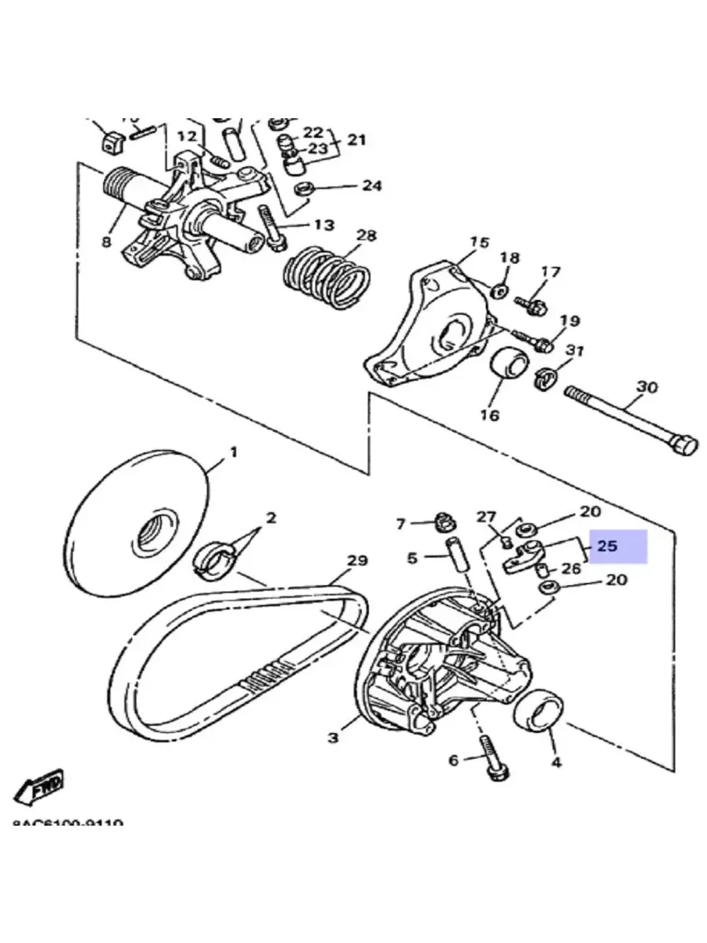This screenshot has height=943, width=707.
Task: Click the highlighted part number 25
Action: click(x=607, y=546)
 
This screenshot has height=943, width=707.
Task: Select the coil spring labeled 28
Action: click(x=327, y=277)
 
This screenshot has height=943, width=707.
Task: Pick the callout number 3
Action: click(x=334, y=737)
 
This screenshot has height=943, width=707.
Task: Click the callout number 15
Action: click(x=479, y=243)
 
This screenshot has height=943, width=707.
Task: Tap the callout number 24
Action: click(x=372, y=185)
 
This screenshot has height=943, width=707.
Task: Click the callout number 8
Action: click(x=106, y=242)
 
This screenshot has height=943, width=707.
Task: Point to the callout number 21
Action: click(x=356, y=139)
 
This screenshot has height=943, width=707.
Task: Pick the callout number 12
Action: click(x=187, y=136)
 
